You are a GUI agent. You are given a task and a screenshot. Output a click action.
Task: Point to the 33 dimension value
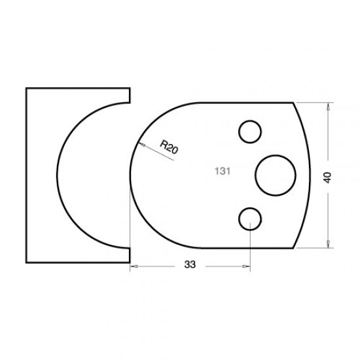point(190,265)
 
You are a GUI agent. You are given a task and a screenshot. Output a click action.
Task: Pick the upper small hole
point(249,132)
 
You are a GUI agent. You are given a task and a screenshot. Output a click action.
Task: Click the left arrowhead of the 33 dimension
point(133,265)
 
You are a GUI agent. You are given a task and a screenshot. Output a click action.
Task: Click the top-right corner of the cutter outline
point(293,102)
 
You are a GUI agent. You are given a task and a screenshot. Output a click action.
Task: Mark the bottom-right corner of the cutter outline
point(293,249)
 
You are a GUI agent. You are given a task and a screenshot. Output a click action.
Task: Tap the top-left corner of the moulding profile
point(26,88)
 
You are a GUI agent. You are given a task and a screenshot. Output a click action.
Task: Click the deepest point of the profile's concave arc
point(56,175)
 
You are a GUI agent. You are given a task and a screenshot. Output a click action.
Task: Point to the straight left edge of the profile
point(26,175)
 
